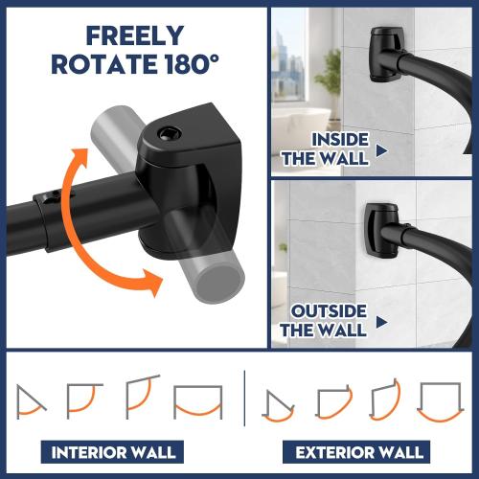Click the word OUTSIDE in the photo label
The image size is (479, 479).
point(329,312)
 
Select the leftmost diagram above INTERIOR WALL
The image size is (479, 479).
point(32,399)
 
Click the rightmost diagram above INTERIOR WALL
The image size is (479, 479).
point(197,400)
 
